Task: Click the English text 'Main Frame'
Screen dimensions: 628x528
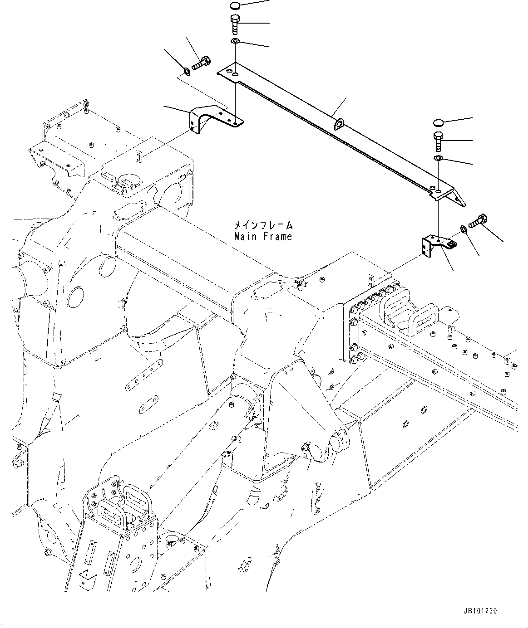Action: pos(263,237)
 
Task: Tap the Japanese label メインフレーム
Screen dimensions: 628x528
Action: pos(263,225)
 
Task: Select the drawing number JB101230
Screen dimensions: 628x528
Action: pos(480,611)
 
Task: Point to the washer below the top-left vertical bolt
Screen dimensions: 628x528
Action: pos(235,42)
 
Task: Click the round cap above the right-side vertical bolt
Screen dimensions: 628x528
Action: pos(438,122)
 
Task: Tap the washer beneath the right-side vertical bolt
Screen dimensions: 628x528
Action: pos(438,158)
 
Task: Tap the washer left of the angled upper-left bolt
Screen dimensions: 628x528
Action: pos(187,71)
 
